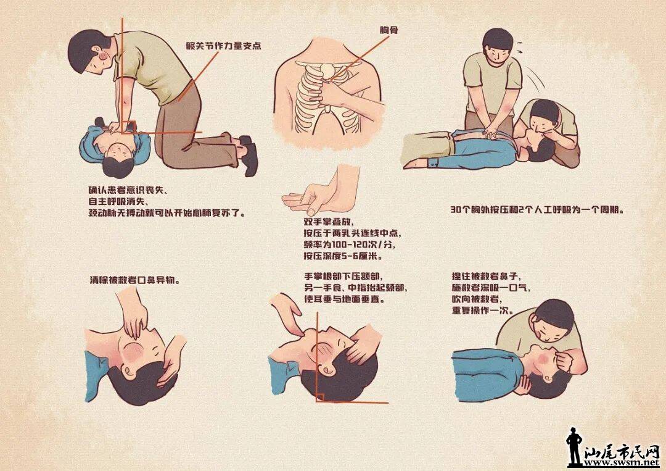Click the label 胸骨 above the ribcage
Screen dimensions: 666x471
[x=388, y=30]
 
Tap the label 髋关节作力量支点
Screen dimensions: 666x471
[x=223, y=46]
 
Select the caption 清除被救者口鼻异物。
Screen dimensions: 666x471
[x=134, y=280]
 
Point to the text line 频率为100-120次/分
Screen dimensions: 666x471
[x=351, y=244]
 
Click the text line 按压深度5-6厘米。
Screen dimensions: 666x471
[x=343, y=256]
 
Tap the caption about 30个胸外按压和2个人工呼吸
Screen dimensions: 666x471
[x=538, y=209]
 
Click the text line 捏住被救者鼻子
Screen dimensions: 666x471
[x=486, y=277]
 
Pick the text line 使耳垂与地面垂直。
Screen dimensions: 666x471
[x=345, y=299]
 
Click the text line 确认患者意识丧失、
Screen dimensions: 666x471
[x=128, y=190]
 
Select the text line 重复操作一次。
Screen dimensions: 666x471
[x=483, y=311]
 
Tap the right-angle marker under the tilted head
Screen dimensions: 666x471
[x=320, y=397]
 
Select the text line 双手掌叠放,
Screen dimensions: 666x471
[x=328, y=222]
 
